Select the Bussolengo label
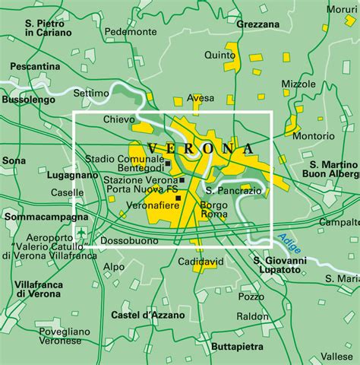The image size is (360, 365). coord(28,100)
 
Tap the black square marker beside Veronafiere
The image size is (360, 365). coord(178,198)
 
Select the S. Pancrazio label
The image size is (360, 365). coord(233,189)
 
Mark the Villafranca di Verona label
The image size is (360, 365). coord(37,288)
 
